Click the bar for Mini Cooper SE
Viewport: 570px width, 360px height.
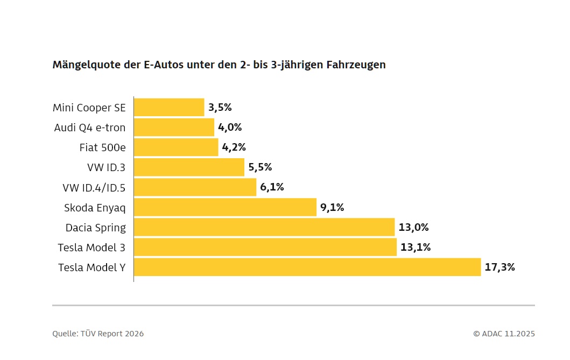pos(169,107)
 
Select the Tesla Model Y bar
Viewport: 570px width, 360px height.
pos(307,267)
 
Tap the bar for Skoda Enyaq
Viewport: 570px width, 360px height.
pos(226,207)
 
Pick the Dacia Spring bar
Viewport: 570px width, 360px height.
pos(264,227)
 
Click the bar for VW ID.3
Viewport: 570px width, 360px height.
pos(189,167)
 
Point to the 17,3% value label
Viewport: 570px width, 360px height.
pos(500,267)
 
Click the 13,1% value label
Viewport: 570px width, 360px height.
pos(416,248)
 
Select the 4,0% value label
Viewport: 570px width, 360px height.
pos(230,128)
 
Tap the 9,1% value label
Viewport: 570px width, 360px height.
pos(332,207)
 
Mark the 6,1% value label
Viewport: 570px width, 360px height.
pos(272,187)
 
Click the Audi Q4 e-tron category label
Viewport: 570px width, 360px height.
pos(90,128)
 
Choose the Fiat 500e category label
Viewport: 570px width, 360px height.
pos(102,147)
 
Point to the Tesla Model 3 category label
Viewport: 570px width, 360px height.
pos(92,248)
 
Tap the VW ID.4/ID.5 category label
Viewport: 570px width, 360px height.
pos(94,188)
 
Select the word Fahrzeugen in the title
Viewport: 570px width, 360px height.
pos(356,65)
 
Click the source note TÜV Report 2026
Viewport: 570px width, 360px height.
pos(112,334)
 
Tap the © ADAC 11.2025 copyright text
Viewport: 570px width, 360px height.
pos(504,334)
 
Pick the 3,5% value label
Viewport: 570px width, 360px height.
pos(220,108)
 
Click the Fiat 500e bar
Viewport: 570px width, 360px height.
pos(176,147)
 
